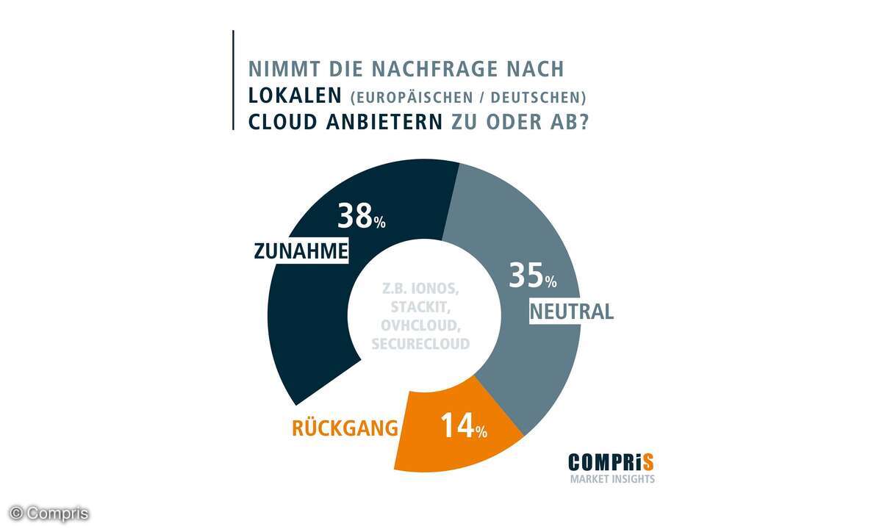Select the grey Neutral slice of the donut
click(x=514, y=220)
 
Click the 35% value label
click(x=534, y=278)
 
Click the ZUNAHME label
click(x=300, y=251)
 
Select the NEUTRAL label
click(x=572, y=312)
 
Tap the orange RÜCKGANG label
click(x=345, y=428)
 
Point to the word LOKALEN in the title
click(x=295, y=96)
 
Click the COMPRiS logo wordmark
click(x=611, y=462)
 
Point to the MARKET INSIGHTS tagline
click(x=612, y=480)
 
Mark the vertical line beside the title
click(x=233, y=80)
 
